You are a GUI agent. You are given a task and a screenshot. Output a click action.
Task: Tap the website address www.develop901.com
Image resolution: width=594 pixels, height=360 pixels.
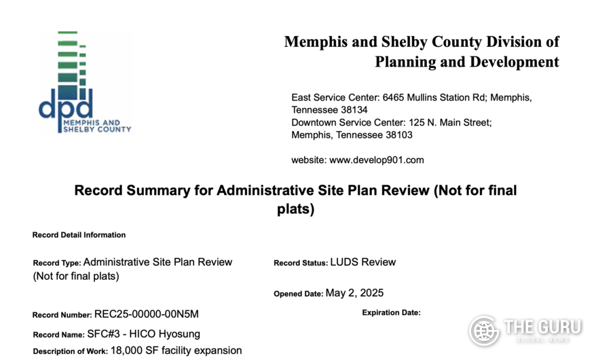[376, 160]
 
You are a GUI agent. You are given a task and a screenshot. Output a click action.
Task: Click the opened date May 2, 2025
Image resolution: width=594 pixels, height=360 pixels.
[354, 293]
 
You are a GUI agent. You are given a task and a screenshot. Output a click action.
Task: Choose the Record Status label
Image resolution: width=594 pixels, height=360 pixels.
[300, 263]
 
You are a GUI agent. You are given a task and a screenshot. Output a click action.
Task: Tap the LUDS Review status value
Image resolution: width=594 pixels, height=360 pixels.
[363, 262]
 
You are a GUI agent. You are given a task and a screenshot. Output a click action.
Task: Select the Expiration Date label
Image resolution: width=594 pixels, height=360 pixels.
[391, 312]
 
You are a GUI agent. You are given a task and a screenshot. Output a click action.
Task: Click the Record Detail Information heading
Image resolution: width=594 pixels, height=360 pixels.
[79, 235]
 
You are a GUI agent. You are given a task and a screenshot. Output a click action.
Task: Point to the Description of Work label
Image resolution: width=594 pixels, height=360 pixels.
[70, 352]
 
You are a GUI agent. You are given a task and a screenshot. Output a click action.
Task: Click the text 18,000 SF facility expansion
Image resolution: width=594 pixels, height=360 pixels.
[177, 351]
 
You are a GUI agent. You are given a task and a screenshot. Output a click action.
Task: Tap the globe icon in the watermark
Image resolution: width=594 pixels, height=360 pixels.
[484, 331]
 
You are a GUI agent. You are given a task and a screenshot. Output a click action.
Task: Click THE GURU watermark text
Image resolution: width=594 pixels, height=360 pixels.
[542, 327]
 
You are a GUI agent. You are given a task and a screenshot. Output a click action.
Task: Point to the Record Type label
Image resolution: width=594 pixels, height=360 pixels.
[56, 263]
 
